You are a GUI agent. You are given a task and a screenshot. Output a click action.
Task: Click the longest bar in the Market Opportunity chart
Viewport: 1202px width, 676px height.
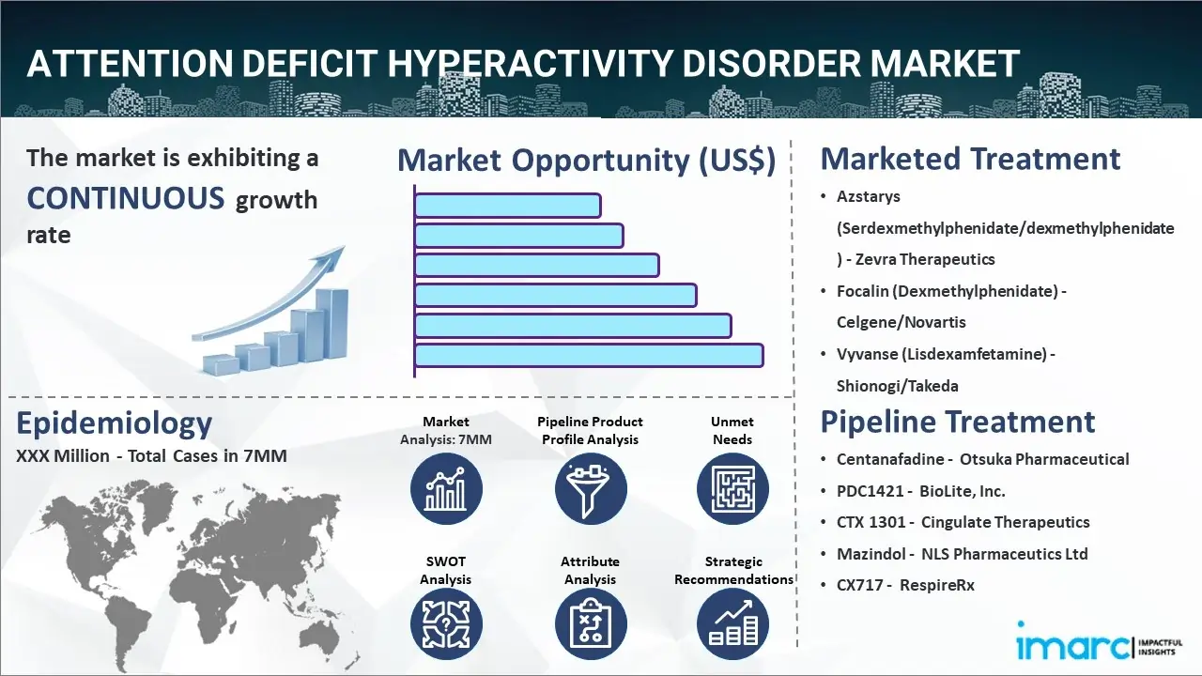[x=589, y=356]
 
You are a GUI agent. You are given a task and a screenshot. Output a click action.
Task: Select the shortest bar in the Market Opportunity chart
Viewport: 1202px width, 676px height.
[x=508, y=206]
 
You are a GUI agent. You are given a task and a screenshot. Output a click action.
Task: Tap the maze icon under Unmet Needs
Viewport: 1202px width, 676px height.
[x=732, y=489]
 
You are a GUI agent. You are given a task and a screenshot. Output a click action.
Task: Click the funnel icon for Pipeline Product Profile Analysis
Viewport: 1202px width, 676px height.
[x=591, y=489]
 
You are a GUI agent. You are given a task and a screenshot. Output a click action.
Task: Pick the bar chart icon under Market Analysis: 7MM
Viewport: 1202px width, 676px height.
[x=446, y=489]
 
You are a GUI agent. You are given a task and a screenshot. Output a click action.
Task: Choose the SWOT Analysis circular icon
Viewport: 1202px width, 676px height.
[x=446, y=624]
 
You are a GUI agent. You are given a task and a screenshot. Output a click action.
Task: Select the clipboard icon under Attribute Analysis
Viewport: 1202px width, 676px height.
[x=591, y=624]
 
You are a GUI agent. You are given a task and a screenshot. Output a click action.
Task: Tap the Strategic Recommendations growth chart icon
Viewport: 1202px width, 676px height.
[x=732, y=624]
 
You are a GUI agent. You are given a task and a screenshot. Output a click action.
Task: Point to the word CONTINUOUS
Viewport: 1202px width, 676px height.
[x=126, y=197]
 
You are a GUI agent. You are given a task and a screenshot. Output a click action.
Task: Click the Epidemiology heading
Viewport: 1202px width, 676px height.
[x=115, y=423]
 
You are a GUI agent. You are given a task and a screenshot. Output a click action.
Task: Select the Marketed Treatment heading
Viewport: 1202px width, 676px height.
[x=970, y=159]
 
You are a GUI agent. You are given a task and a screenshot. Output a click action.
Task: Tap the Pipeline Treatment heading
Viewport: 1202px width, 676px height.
[x=958, y=422]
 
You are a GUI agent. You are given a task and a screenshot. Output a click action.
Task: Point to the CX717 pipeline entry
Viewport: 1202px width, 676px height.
[x=905, y=585]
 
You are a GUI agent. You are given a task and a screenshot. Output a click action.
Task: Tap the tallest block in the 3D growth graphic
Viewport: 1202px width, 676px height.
[x=331, y=325]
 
